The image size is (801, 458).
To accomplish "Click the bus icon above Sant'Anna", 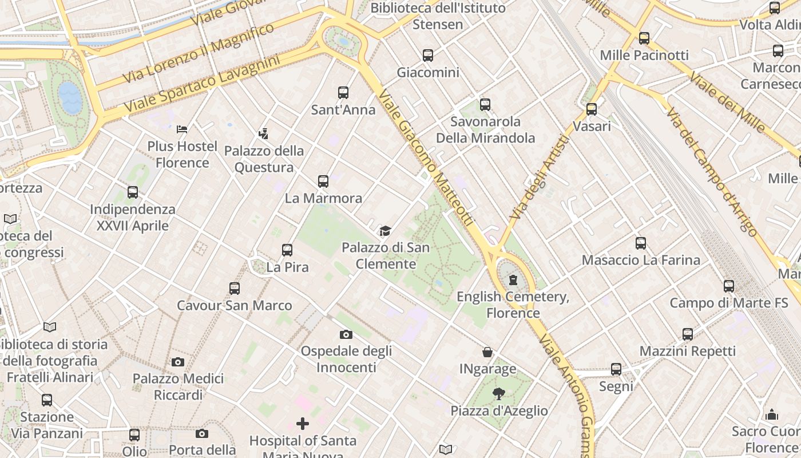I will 343,93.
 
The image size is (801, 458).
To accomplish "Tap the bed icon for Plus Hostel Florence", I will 182,129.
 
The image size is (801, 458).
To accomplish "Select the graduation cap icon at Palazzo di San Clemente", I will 385,231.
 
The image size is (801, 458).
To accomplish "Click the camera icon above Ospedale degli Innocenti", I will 346,334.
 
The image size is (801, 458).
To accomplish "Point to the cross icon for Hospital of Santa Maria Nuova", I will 303,424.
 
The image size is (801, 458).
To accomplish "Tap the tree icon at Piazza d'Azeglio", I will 499,394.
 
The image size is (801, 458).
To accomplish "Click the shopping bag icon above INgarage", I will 487,352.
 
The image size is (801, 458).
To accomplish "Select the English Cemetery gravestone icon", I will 513,280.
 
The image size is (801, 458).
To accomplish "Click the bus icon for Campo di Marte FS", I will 728,286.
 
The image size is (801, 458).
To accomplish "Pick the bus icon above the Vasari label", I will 592,109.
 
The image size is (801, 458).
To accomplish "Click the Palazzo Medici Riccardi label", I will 178,386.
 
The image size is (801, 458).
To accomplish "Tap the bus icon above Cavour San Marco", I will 235,288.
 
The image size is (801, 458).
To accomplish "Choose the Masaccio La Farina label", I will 641,260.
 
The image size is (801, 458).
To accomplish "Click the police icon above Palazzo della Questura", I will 263,134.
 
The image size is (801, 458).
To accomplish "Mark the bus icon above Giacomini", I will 428,56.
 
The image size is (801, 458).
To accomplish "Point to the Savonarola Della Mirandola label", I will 485,130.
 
